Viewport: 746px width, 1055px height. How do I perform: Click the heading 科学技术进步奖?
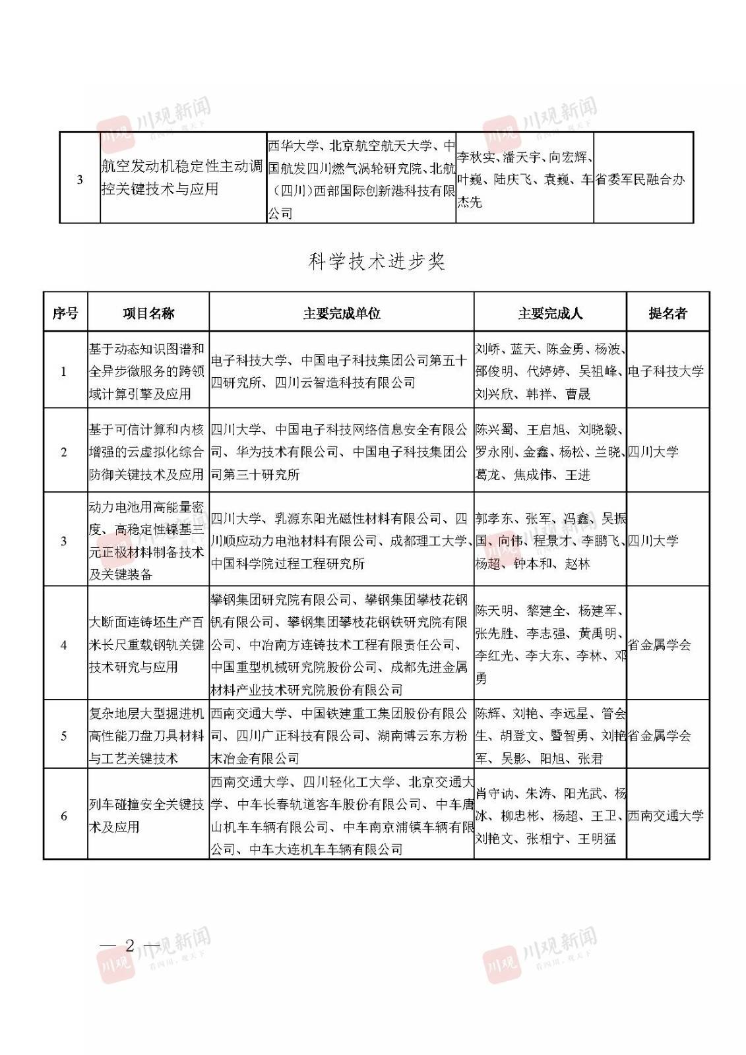tap(377, 262)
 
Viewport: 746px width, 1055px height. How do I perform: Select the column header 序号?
tap(65, 313)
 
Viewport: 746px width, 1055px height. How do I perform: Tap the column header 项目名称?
tap(148, 313)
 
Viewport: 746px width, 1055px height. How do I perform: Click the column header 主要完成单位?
tap(341, 313)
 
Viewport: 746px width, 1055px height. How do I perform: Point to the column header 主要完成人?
tap(550, 313)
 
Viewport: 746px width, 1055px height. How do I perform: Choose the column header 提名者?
tap(668, 313)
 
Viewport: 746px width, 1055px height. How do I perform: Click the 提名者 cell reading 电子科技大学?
tap(666, 371)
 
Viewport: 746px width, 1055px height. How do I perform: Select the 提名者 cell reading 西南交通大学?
tap(666, 816)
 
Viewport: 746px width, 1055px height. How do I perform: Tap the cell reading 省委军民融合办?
tap(640, 179)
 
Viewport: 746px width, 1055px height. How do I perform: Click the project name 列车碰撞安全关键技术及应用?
tap(147, 816)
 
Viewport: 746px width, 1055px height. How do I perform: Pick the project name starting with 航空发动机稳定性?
tap(182, 177)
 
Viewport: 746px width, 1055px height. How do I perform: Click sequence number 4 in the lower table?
tap(64, 645)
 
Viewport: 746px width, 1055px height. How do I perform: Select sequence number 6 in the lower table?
tap(64, 816)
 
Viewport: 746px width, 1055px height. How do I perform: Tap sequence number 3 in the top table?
tap(80, 179)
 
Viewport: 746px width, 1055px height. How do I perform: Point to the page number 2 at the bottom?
tap(130, 946)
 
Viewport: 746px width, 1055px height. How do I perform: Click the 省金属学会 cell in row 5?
tap(659, 736)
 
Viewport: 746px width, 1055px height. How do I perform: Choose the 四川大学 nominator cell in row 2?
tap(653, 452)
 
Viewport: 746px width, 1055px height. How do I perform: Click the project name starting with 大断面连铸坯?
tap(147, 644)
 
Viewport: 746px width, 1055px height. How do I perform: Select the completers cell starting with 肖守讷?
tap(550, 816)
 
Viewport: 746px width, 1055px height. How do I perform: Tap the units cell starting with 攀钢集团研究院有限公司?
tap(341, 644)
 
